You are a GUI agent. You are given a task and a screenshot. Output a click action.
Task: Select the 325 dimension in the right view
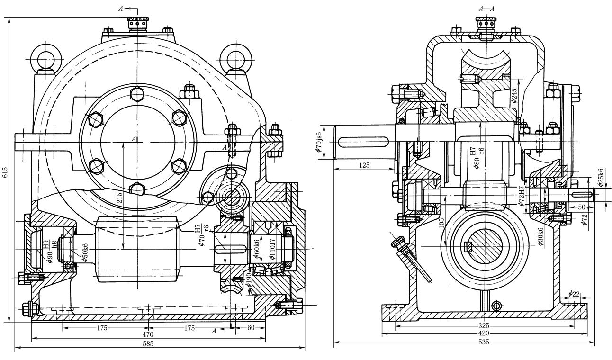click(x=484, y=326)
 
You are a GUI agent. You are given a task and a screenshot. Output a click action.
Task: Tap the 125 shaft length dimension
click(x=364, y=166)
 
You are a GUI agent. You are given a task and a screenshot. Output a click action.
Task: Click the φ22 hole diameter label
click(x=574, y=294)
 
